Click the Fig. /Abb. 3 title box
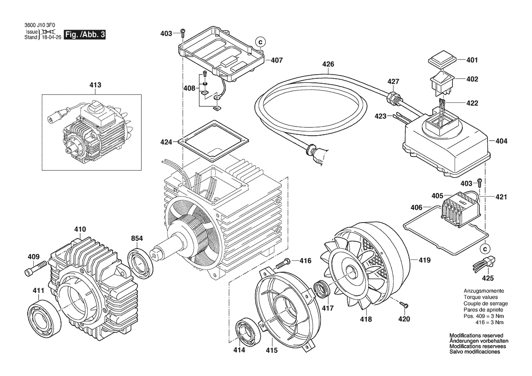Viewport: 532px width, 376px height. click(x=85, y=35)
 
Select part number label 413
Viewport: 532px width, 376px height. click(x=96, y=85)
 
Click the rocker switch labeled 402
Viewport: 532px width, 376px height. click(x=441, y=81)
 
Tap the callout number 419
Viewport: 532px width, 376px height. click(x=425, y=261)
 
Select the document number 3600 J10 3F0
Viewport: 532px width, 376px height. click(x=39, y=26)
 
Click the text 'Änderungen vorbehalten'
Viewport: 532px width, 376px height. click(x=479, y=341)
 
